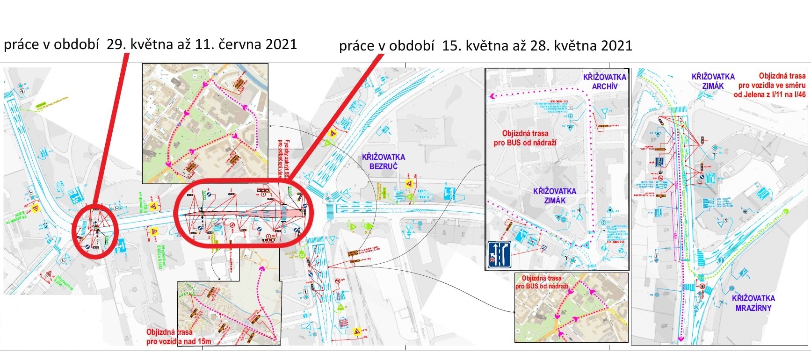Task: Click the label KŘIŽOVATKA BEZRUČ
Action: [x=383, y=161]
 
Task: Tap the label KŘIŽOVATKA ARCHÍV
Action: [x=604, y=82]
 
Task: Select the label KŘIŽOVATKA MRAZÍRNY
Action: [x=753, y=303]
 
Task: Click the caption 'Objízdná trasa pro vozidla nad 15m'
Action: [x=178, y=337]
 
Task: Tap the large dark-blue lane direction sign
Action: [x=500, y=254]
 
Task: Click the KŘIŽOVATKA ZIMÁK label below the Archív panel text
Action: [x=554, y=196]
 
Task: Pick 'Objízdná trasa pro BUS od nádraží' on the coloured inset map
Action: [x=542, y=282]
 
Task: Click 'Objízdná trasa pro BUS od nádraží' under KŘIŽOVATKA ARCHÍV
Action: [x=525, y=138]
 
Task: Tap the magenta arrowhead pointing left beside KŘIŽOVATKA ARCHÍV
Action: [x=492, y=96]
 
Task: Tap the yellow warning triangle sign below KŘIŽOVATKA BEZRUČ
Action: [x=409, y=184]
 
